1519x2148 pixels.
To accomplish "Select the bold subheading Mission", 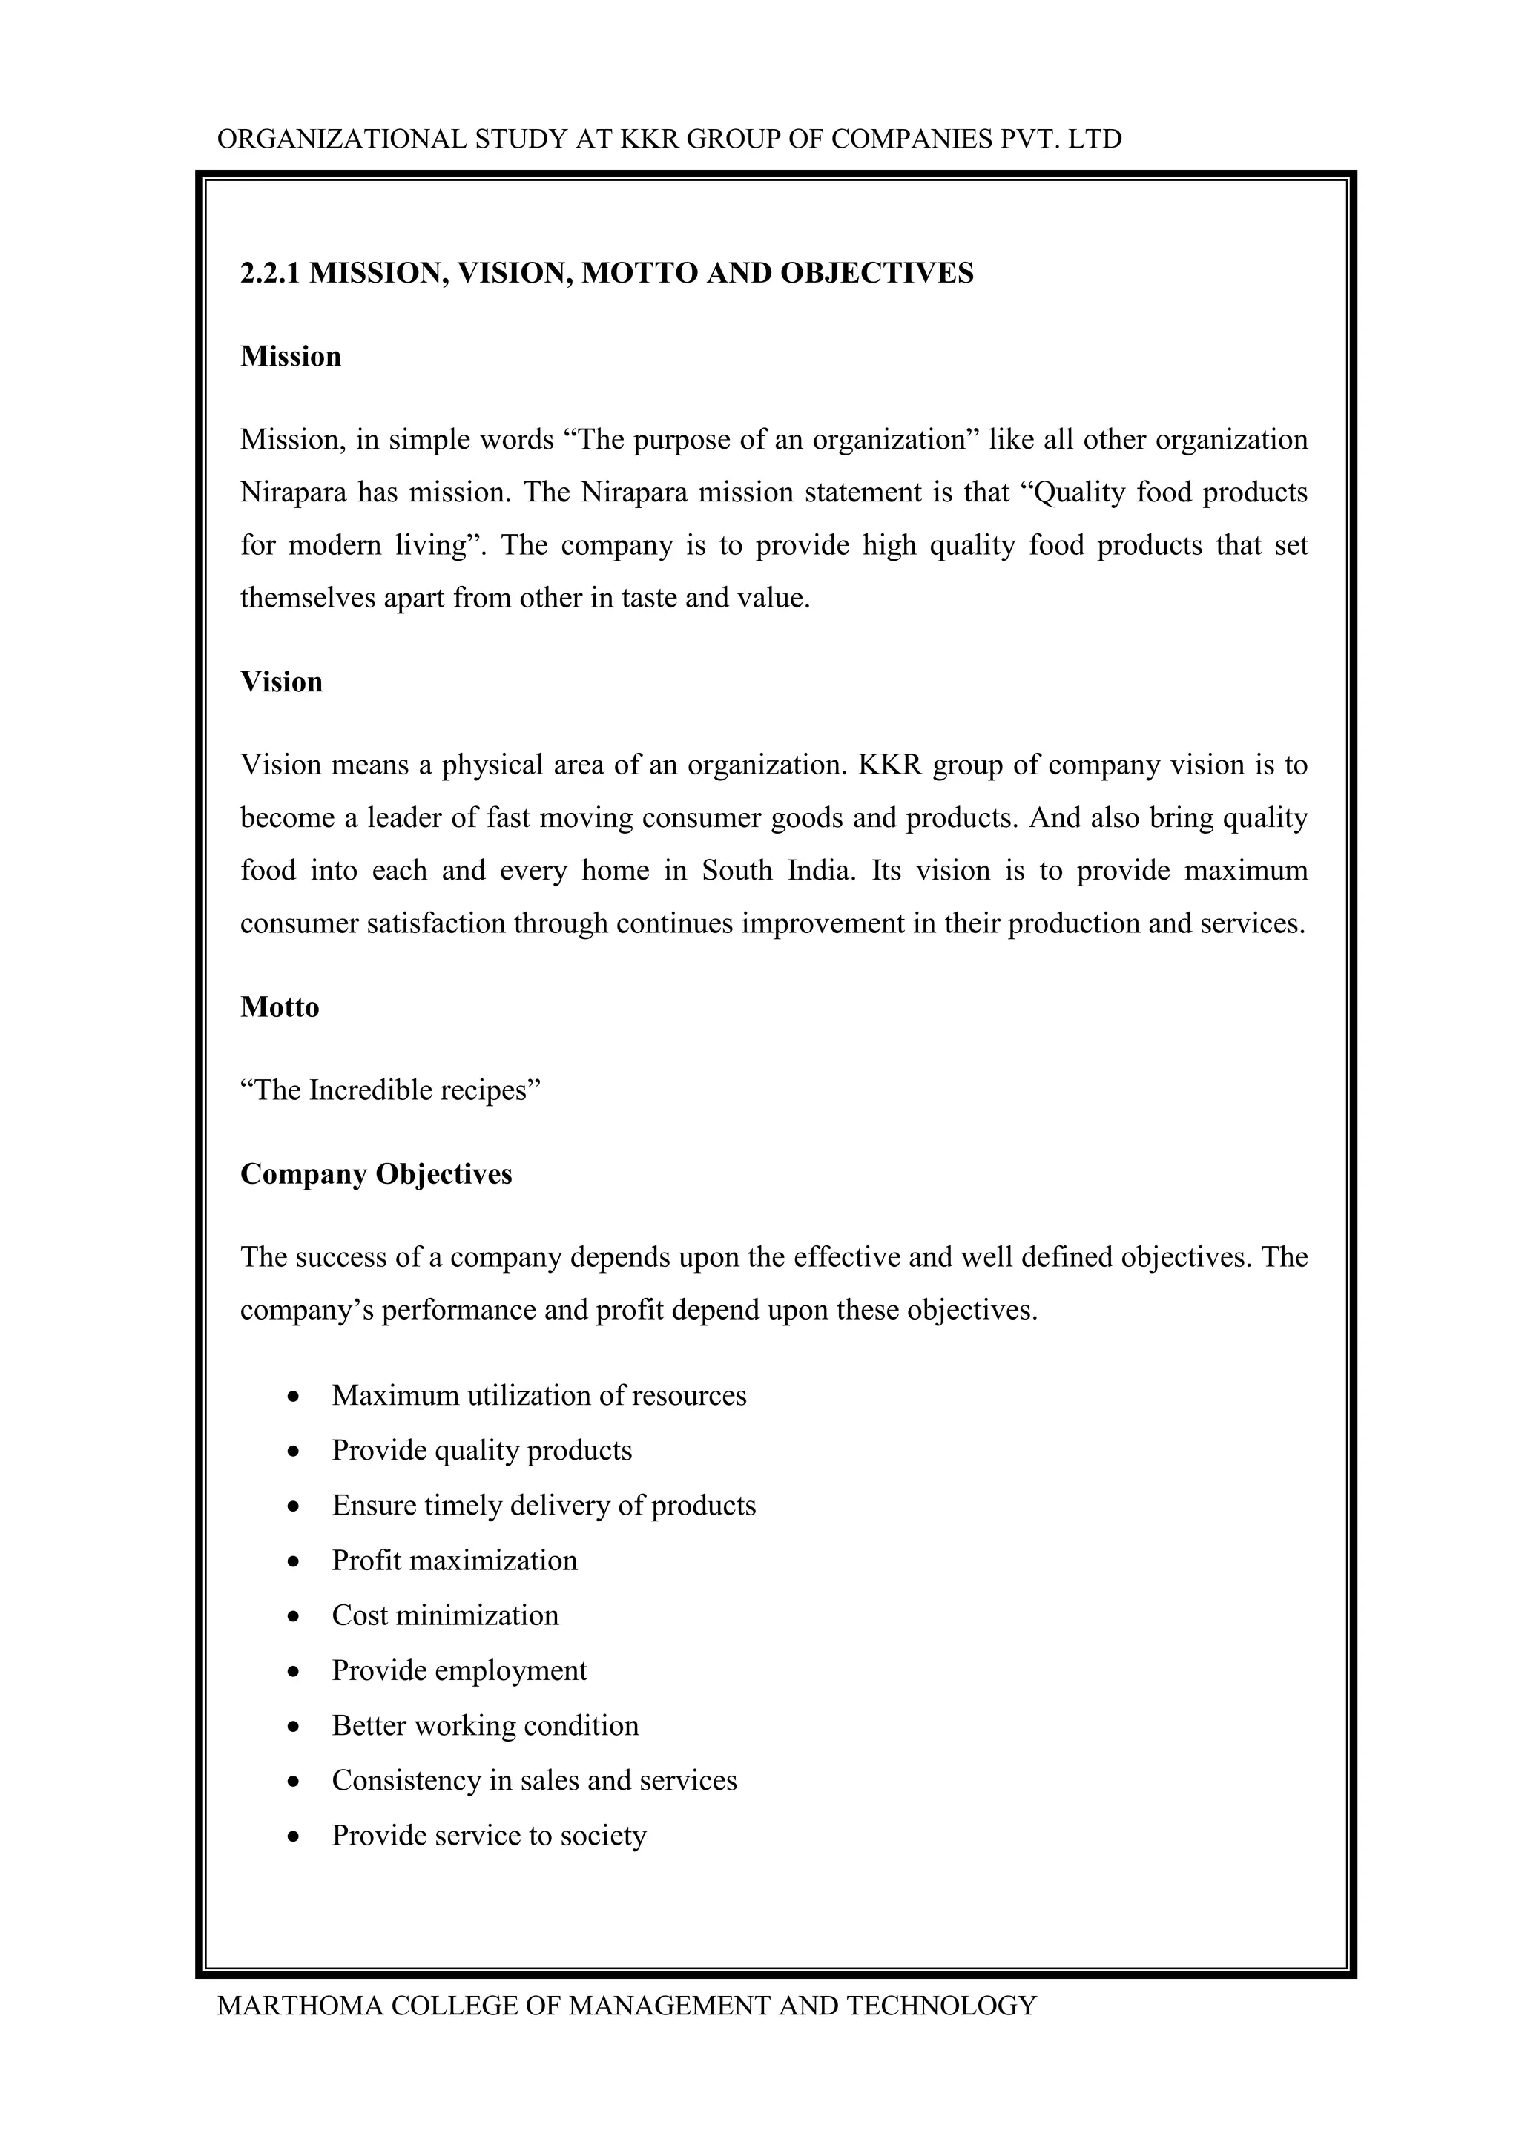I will click(x=291, y=357).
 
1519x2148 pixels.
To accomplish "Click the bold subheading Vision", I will click(x=282, y=682).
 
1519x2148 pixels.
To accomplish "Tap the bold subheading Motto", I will click(x=280, y=1007).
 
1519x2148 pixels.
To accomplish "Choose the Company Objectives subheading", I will click(x=376, y=1174).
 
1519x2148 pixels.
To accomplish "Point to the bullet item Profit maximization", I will click(x=455, y=1561).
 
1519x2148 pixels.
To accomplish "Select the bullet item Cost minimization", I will click(x=445, y=1615).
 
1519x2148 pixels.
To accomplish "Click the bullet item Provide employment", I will click(x=459, y=1671).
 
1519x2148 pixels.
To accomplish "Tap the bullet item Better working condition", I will click(x=486, y=1726).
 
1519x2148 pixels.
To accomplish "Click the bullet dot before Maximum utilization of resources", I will click(x=294, y=1397).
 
